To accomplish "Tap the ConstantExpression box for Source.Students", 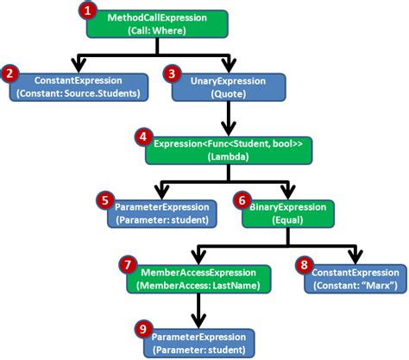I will coord(79,86).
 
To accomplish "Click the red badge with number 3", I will coord(173,75).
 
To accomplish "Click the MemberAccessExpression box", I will coord(199,278).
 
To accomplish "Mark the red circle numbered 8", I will coord(305,266).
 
